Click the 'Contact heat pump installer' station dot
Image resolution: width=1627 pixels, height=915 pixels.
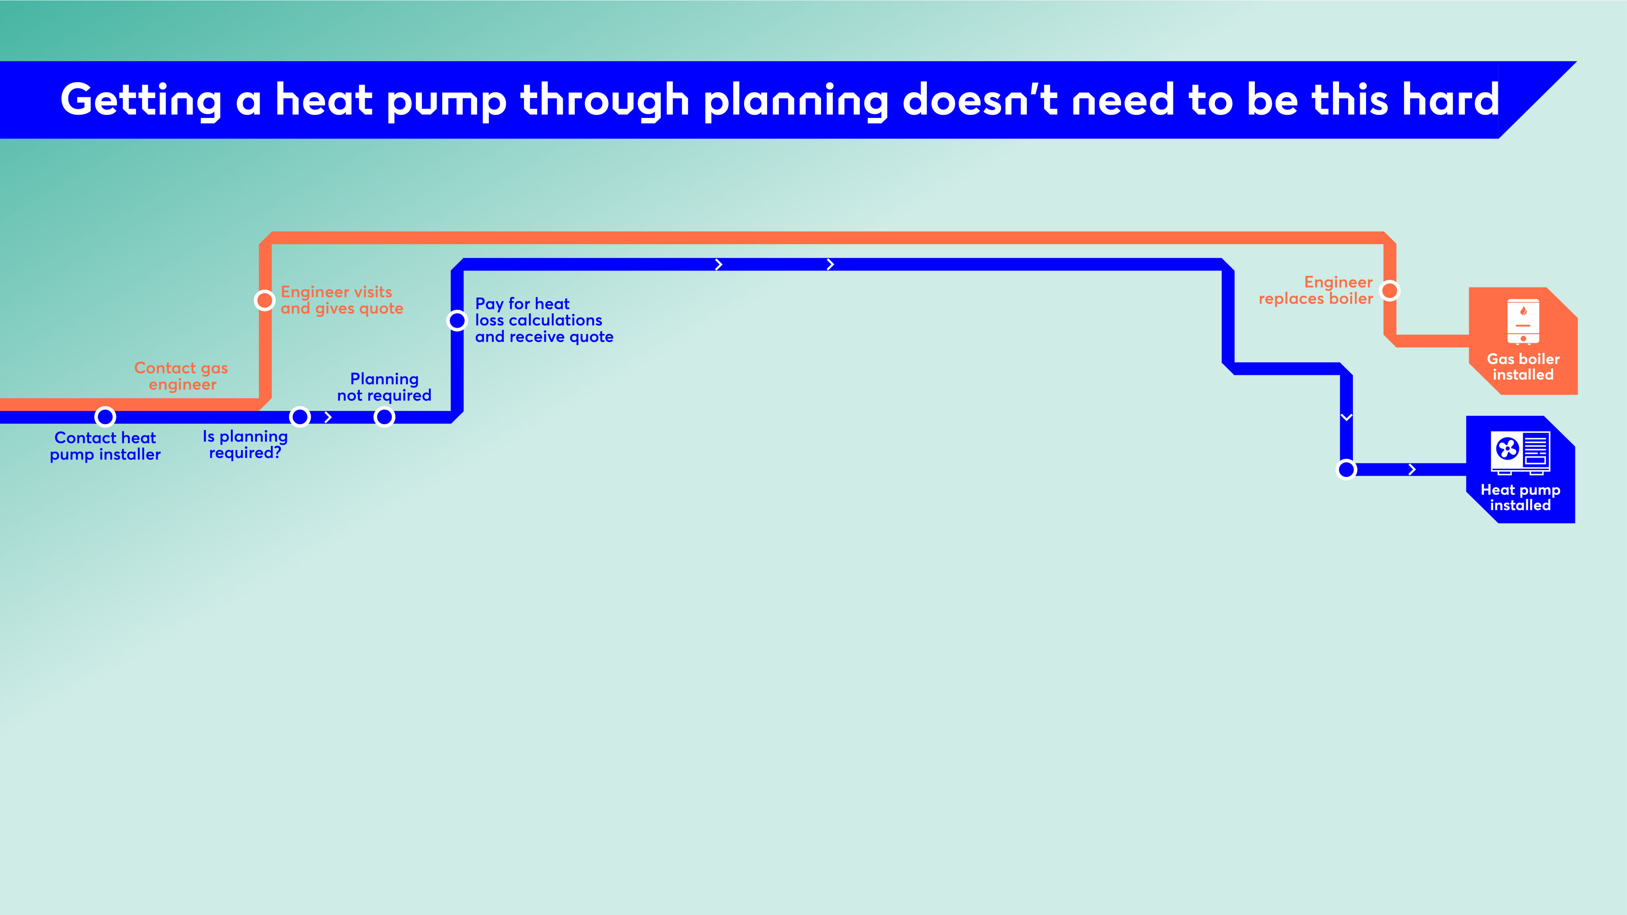point(105,417)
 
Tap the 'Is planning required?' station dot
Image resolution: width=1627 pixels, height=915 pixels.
point(300,417)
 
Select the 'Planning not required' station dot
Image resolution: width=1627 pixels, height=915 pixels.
point(384,417)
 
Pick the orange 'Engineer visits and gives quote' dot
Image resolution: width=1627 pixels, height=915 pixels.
point(265,301)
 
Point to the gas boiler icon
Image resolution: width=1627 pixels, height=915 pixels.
point(1523,322)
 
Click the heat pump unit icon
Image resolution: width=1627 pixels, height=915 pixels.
point(1520,452)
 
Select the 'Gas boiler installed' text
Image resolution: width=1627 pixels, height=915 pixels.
point(1523,367)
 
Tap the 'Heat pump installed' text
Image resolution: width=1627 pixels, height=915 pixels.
point(1520,498)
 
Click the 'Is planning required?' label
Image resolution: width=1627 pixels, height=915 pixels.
point(245,444)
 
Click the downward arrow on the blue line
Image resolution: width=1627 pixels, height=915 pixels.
point(1347,417)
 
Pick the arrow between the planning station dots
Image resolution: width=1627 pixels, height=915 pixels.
point(328,417)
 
